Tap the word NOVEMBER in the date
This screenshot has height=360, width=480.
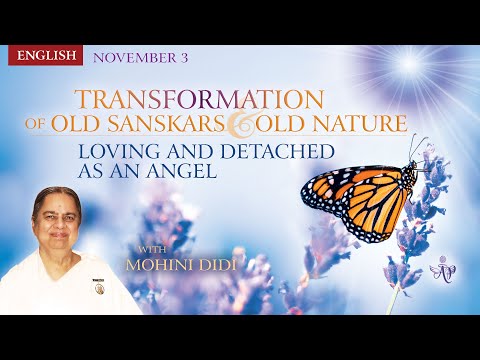[133, 57]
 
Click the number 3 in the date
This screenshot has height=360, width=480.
[184, 57]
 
